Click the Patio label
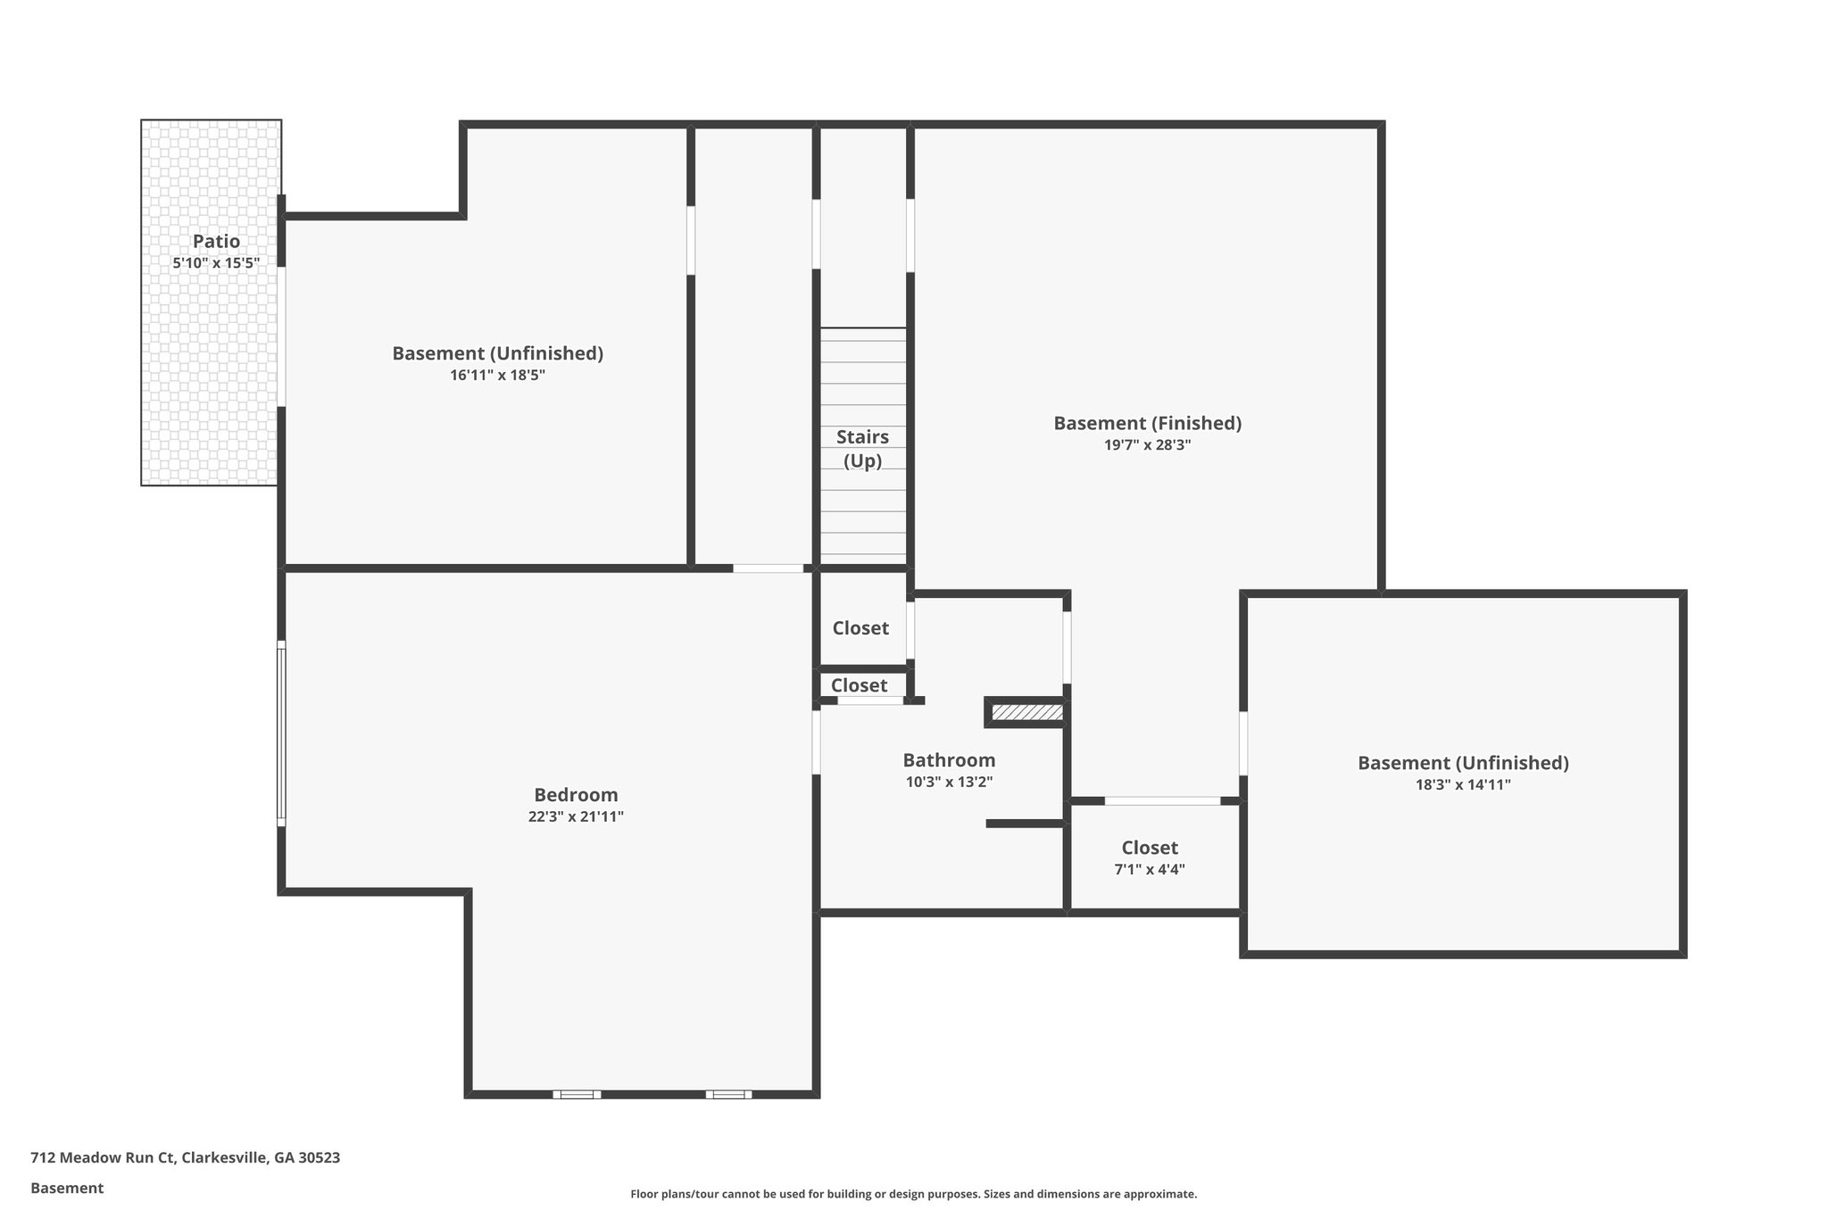pos(216,241)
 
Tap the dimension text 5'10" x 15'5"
pos(216,263)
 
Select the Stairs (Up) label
pos(862,449)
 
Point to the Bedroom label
pos(576,794)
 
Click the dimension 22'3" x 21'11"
pos(576,816)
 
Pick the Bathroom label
pos(949,760)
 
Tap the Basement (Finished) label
pos(1147,423)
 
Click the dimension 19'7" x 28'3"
pos(1147,445)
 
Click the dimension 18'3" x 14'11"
pos(1463,785)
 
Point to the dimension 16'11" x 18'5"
pos(497,376)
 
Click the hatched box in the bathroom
pos(1027,712)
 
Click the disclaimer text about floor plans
pos(913,1194)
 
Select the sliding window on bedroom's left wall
pos(281,733)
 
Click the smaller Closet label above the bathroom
pos(859,685)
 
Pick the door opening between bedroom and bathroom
pos(816,742)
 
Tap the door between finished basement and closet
pos(1162,801)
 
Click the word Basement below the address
pos(67,1189)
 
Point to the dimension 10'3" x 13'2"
pos(949,783)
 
